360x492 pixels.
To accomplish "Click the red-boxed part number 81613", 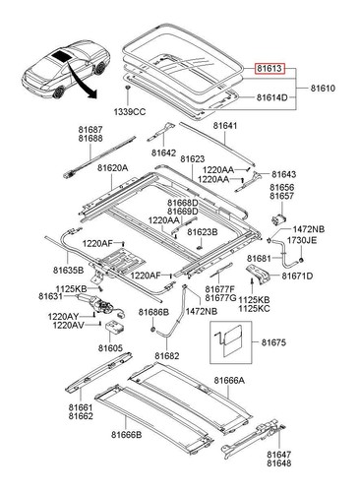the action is pyautogui.click(x=270, y=69).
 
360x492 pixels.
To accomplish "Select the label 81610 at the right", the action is pyautogui.click(x=323, y=89).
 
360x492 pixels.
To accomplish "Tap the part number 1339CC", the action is pyautogui.click(x=130, y=112).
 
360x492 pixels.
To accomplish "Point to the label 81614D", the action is pyautogui.click(x=271, y=97).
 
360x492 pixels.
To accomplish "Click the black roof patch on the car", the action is pyautogui.click(x=61, y=55).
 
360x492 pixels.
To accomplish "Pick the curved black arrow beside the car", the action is pyautogui.click(x=79, y=81).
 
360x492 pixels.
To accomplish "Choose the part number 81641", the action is pyautogui.click(x=225, y=126).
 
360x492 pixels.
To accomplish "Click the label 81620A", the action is pyautogui.click(x=112, y=168).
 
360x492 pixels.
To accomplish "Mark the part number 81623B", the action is pyautogui.click(x=203, y=232).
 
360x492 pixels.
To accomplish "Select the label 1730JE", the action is pyautogui.click(x=302, y=240).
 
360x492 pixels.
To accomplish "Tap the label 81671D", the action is pyautogui.click(x=297, y=277).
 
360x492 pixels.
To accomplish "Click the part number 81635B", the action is pyautogui.click(x=68, y=271).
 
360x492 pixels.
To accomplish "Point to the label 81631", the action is pyautogui.click(x=50, y=296).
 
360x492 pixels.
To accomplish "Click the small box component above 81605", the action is pyautogui.click(x=115, y=328).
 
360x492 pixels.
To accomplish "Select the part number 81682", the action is pyautogui.click(x=167, y=356).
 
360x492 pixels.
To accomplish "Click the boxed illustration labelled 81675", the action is pyautogui.click(x=231, y=342).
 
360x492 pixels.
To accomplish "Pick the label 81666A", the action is pyautogui.click(x=229, y=380).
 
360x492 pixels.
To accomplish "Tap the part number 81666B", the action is pyautogui.click(x=126, y=435).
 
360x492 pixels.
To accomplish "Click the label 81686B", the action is pyautogui.click(x=153, y=312).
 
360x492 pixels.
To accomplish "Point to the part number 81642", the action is pyautogui.click(x=163, y=153).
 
